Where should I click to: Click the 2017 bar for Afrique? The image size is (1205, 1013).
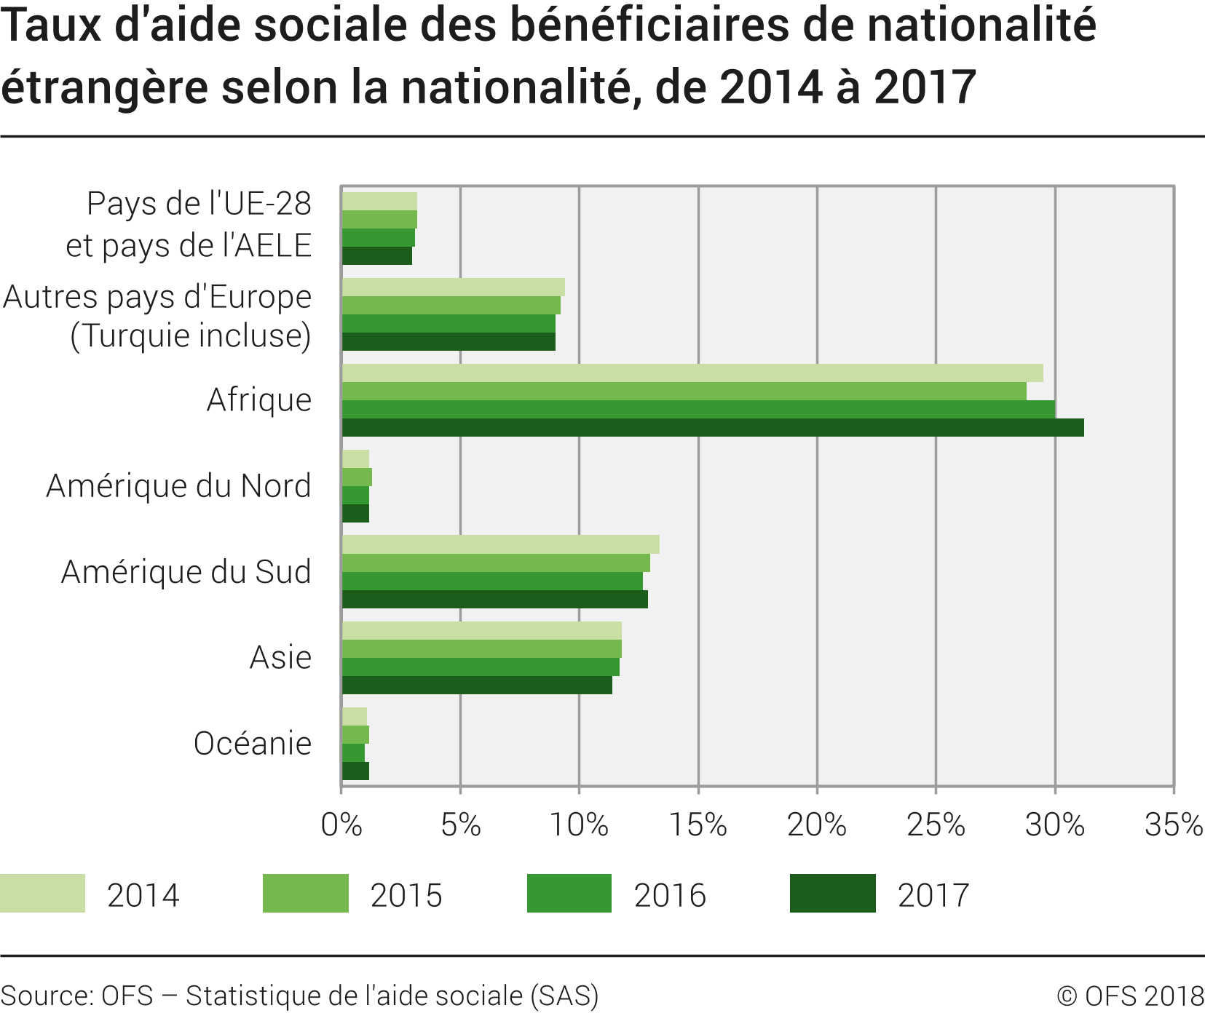pos(712,428)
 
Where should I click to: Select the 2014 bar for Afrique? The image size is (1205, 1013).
pos(692,373)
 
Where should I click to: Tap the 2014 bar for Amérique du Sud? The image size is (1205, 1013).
pos(500,544)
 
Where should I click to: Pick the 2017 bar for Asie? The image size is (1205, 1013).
pos(477,686)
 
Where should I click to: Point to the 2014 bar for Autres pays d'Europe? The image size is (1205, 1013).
pos(453,287)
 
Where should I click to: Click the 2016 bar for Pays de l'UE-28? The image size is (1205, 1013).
pos(378,238)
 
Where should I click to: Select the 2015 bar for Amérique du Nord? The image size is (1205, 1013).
pos(357,477)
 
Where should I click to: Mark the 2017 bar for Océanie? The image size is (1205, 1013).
pos(355,771)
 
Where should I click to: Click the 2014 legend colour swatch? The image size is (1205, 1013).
pos(42,894)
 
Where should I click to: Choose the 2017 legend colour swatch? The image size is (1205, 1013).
pos(832,894)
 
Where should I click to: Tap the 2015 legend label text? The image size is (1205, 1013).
pos(406,896)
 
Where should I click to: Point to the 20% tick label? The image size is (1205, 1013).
pos(816,825)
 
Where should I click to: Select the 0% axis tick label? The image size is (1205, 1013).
pos(341,825)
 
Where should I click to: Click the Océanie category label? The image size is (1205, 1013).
pos(252,744)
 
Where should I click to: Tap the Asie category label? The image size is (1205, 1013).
pos(280,658)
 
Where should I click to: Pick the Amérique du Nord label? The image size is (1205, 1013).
pos(178,486)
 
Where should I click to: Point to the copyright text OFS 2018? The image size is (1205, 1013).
pos(1130,996)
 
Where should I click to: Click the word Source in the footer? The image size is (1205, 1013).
pos(46,996)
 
